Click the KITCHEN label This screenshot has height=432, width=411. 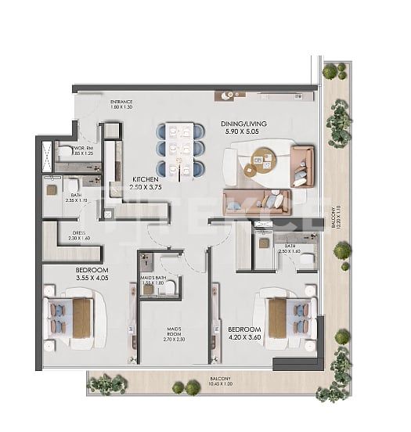coord(146,178)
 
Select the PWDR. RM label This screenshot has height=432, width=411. coord(83,147)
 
